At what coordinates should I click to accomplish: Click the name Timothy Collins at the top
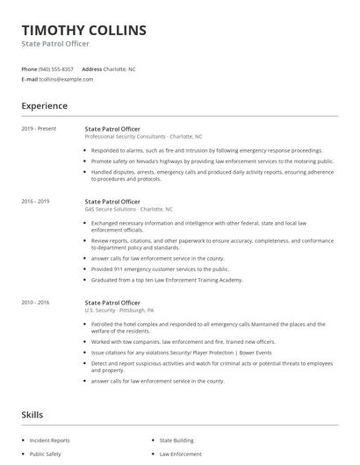click(x=84, y=30)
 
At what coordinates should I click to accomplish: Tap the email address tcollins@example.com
click(x=66, y=79)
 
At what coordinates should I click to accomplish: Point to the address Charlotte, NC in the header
click(x=119, y=68)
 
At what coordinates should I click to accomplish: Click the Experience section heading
click(x=44, y=106)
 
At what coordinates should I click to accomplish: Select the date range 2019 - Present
click(x=39, y=128)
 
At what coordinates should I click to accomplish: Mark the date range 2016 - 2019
click(x=35, y=202)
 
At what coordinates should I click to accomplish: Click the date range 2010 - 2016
click(x=35, y=302)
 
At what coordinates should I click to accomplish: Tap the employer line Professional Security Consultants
click(x=143, y=137)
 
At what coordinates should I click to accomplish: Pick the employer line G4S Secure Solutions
click(x=128, y=210)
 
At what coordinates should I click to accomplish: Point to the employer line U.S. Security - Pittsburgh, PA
click(x=119, y=310)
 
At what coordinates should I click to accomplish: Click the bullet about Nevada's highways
click(x=212, y=161)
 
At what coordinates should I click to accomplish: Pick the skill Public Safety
click(x=46, y=454)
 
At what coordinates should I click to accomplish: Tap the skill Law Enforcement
click(x=180, y=454)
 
